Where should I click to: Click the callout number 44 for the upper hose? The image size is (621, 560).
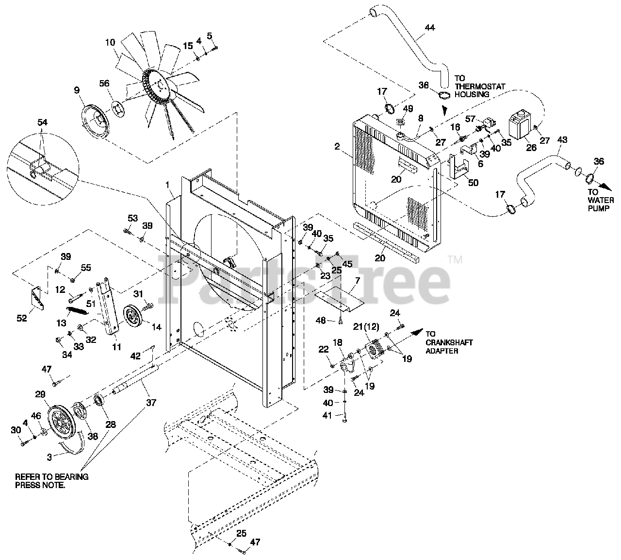click(x=429, y=28)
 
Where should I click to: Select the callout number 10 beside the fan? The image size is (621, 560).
click(x=110, y=43)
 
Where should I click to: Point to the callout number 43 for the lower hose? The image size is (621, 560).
click(x=562, y=140)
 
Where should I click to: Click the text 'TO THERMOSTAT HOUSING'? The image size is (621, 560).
click(x=479, y=86)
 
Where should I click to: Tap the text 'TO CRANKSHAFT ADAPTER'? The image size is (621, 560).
click(x=449, y=342)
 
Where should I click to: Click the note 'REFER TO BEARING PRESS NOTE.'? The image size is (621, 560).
click(x=52, y=480)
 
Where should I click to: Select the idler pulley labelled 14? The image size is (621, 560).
click(x=132, y=318)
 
